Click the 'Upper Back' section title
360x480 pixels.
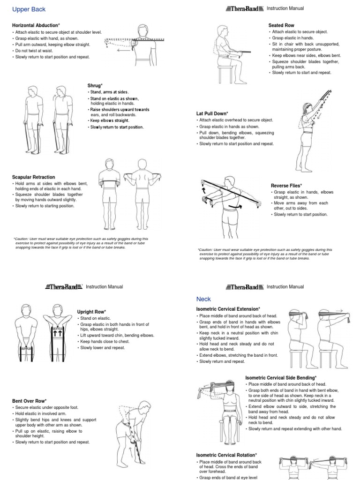29,9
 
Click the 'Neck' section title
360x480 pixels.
204,299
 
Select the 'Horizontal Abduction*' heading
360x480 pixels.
36,25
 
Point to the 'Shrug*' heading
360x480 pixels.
95,85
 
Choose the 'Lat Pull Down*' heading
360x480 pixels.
212,113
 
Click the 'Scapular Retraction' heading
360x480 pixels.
33,177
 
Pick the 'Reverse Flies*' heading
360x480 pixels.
286,186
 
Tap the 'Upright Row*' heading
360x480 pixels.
91,312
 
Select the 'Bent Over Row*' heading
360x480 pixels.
29,401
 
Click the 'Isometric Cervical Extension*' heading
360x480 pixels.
228,309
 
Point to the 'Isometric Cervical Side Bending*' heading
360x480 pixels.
281,378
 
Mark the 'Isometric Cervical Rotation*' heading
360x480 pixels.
226,455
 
